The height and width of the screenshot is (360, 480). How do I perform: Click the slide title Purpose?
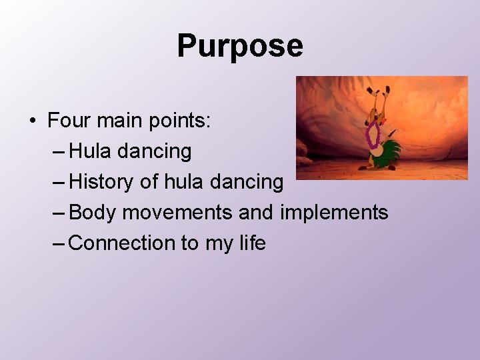[239, 46]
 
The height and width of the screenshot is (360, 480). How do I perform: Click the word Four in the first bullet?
[67, 121]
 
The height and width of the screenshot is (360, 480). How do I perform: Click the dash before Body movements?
[59, 213]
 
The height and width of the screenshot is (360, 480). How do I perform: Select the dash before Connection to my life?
[59, 243]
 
